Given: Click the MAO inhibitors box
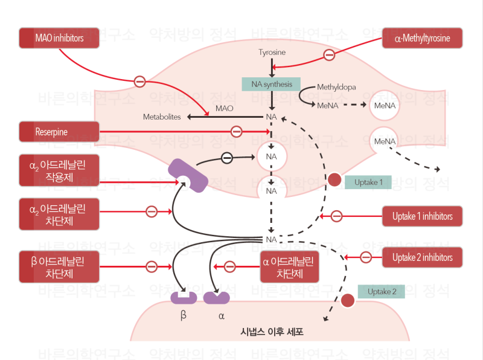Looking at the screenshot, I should (59, 38).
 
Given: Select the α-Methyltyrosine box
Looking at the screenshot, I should (423, 38).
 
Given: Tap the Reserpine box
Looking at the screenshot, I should (59, 131).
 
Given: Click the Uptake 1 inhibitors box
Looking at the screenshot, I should (423, 216).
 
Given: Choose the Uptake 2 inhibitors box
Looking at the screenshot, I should (423, 257).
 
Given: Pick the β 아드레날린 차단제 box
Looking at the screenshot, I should (59, 266).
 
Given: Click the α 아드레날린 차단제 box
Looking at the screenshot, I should (289, 266).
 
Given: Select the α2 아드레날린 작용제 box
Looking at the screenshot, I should (59, 173).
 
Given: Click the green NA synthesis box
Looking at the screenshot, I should (271, 84).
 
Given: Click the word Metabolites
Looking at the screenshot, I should (162, 117).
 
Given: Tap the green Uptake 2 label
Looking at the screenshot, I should (382, 292).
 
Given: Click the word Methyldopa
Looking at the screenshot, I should (336, 87).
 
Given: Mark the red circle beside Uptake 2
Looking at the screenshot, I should (347, 300).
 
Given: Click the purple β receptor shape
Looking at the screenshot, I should (184, 297).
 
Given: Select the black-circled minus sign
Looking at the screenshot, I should (227, 158).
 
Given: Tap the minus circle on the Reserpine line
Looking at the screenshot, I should (237, 131).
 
